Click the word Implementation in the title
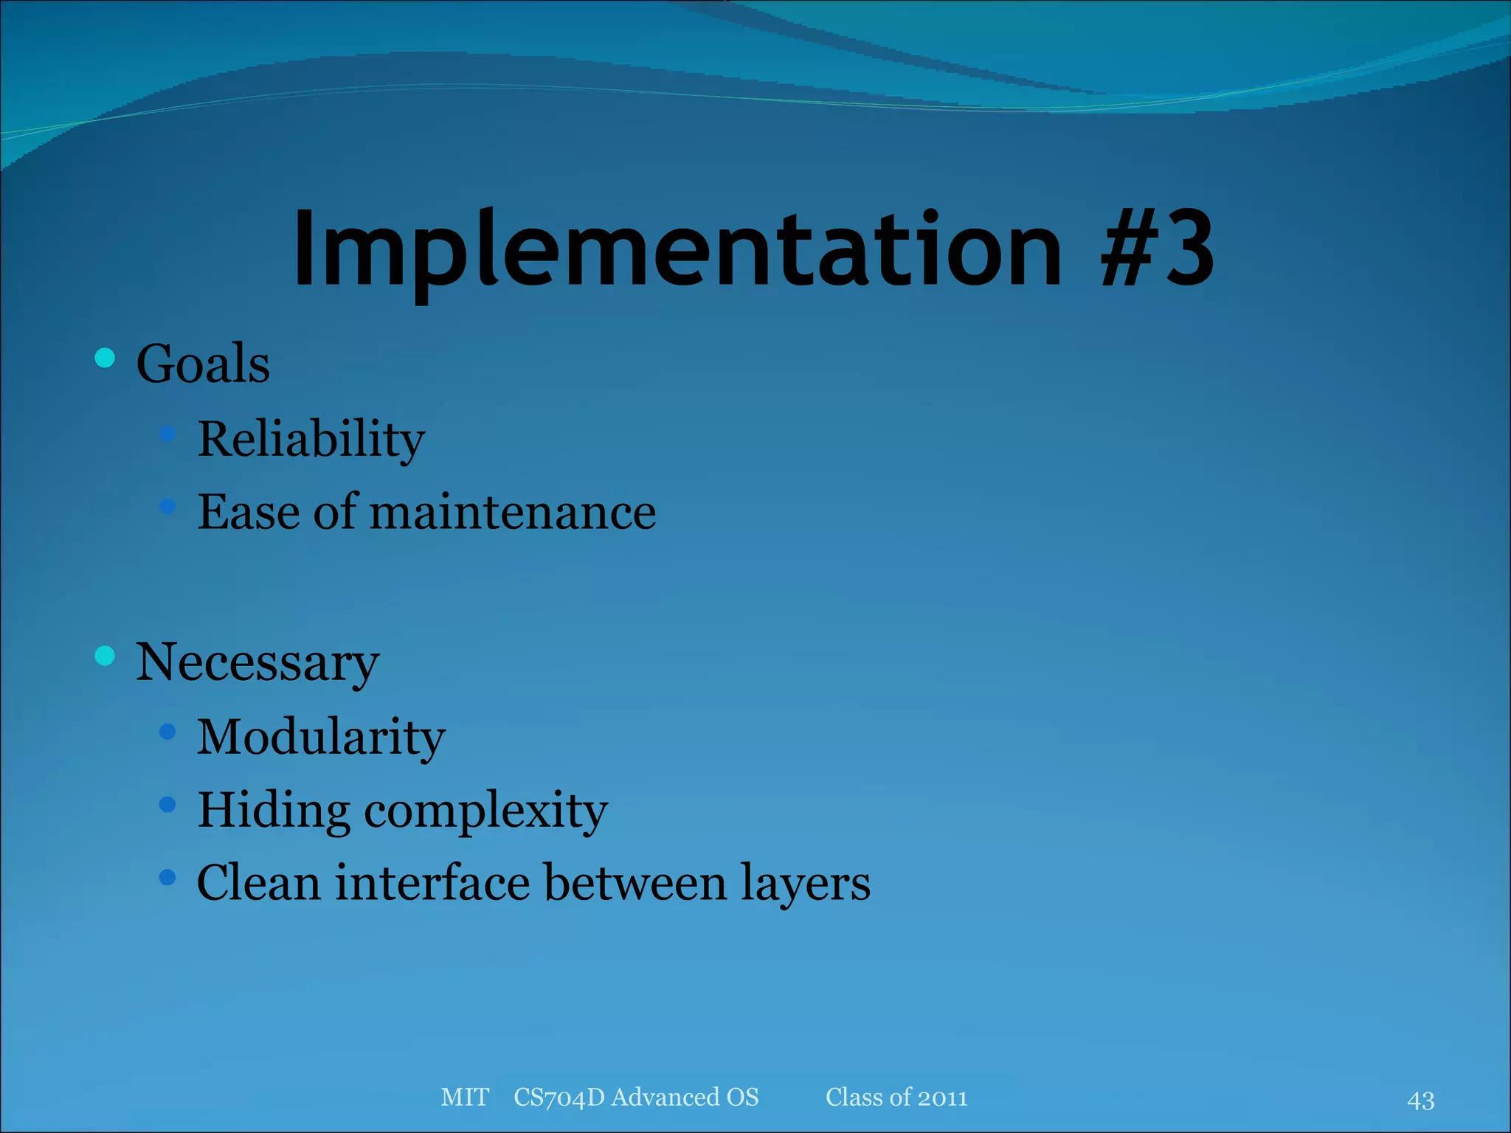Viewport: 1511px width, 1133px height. point(677,249)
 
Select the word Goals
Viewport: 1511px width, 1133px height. point(203,364)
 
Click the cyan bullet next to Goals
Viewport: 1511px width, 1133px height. point(105,358)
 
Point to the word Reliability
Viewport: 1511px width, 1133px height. point(311,440)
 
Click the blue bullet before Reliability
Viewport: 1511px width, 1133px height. point(167,433)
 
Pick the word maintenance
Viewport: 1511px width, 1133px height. point(512,512)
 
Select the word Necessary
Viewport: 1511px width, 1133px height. point(257,662)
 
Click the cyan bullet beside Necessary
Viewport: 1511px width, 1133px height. point(105,655)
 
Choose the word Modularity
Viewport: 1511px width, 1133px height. point(321,737)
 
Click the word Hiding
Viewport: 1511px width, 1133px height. point(273,811)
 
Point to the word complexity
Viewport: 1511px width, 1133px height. point(485,811)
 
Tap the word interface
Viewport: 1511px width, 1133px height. point(432,882)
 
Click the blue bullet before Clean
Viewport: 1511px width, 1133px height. point(167,877)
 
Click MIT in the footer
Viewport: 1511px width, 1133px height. point(464,1098)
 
